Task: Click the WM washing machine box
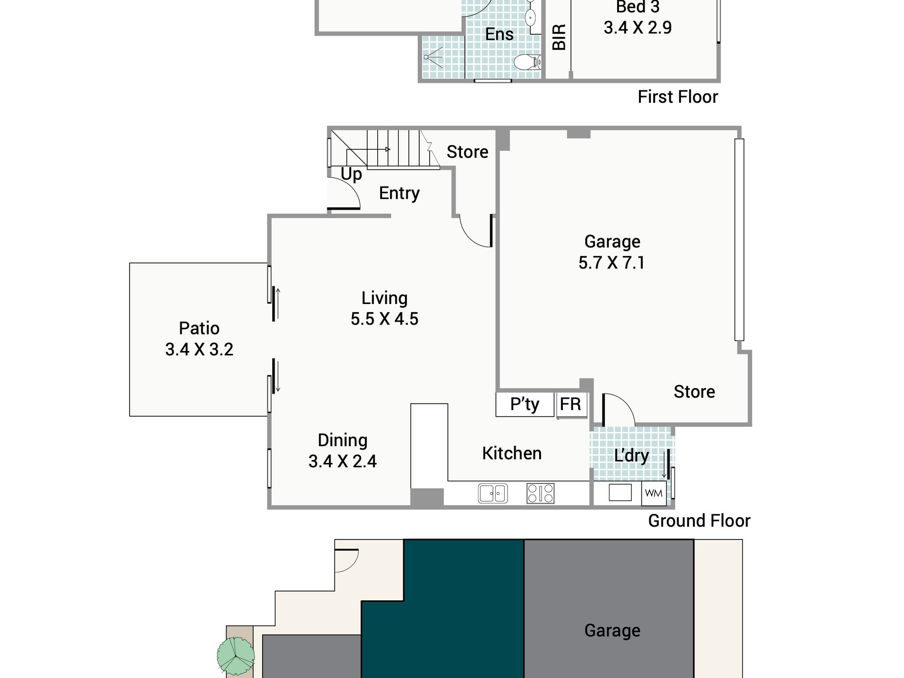[654, 493]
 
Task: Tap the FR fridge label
[570, 404]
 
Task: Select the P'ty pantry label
[524, 404]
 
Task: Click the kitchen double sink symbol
[492, 493]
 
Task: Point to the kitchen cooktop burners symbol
[540, 493]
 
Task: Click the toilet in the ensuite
[527, 62]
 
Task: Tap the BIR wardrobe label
[559, 37]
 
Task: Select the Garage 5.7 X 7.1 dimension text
[611, 263]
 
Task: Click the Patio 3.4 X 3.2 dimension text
[199, 349]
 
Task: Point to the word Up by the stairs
[351, 175]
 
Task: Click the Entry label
[399, 193]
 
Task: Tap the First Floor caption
[678, 97]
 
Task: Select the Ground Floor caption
[699, 521]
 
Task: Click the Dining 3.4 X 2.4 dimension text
[342, 461]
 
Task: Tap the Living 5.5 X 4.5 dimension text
[384, 319]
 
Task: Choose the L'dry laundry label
[631, 456]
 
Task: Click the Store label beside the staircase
[467, 152]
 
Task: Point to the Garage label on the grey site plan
[612, 630]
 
